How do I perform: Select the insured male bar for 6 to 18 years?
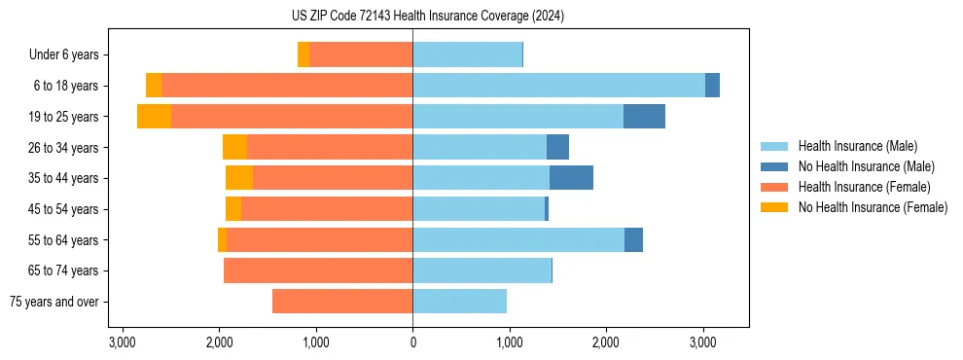click(558, 86)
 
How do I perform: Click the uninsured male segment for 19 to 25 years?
click(644, 117)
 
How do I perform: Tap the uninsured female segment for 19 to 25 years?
click(154, 117)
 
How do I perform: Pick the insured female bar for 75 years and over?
click(342, 302)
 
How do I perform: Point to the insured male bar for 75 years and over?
click(459, 302)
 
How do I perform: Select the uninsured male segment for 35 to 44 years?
click(571, 178)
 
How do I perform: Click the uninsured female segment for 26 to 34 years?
click(234, 147)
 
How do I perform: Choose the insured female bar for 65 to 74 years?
click(318, 270)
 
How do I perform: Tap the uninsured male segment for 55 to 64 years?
click(633, 239)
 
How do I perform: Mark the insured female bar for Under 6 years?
click(361, 54)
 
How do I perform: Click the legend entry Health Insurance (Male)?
click(857, 146)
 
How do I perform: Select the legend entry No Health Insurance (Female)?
click(873, 207)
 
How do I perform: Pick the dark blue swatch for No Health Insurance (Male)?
click(774, 166)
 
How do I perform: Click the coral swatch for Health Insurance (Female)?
click(774, 187)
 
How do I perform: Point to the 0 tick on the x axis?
click(412, 342)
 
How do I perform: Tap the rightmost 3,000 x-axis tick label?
click(702, 342)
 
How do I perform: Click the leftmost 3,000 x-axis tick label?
click(123, 342)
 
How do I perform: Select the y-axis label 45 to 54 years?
click(63, 209)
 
